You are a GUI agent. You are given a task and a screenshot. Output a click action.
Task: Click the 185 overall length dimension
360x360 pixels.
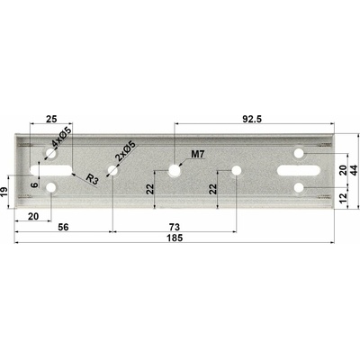(x=175, y=238)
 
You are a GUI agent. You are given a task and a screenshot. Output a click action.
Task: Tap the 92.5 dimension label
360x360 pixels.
(x=252, y=119)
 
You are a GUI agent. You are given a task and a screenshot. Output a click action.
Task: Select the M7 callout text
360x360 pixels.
(x=198, y=155)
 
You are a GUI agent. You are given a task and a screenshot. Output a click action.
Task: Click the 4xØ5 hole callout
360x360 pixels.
(x=61, y=137)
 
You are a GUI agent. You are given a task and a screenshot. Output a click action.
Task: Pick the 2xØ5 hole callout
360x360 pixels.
(x=126, y=152)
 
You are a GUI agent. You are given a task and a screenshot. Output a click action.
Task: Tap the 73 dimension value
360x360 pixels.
(x=175, y=227)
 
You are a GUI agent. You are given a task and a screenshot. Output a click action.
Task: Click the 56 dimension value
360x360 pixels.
(x=63, y=227)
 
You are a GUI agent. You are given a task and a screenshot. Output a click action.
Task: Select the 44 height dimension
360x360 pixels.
(x=355, y=170)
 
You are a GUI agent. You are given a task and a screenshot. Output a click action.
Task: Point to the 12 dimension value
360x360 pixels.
(x=344, y=198)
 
